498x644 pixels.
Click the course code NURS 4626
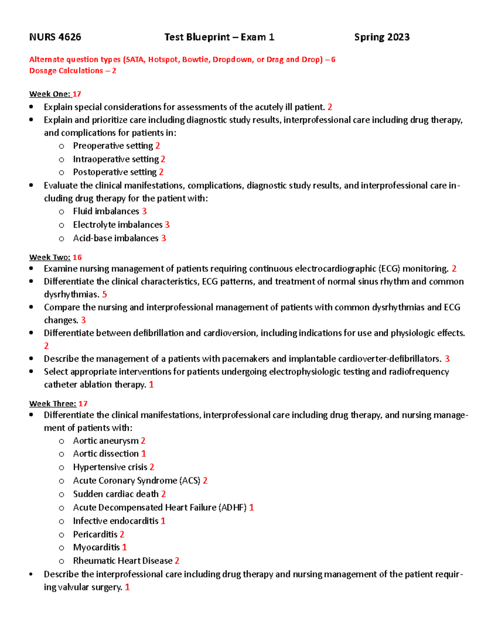tap(55, 37)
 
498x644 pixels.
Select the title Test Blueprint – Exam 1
tap(219, 37)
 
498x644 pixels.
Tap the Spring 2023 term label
tap(381, 37)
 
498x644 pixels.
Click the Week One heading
tap(50, 94)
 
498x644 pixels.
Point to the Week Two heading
tap(50, 257)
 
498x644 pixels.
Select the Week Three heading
tap(53, 403)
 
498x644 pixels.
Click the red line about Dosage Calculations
tap(73, 71)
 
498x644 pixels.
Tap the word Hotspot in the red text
tap(163, 60)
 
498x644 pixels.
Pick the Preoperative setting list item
tap(113, 146)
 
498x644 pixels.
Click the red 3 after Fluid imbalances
tap(144, 211)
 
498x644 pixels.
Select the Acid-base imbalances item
tap(116, 238)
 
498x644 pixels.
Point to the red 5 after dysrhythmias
tap(105, 294)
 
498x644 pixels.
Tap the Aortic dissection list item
tap(106, 454)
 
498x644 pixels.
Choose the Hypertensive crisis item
tap(110, 467)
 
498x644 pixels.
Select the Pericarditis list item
tap(95, 535)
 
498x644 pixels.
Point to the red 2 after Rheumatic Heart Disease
tap(177, 561)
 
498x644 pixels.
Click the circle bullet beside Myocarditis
tap(61, 548)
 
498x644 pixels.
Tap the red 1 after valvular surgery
tap(127, 587)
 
